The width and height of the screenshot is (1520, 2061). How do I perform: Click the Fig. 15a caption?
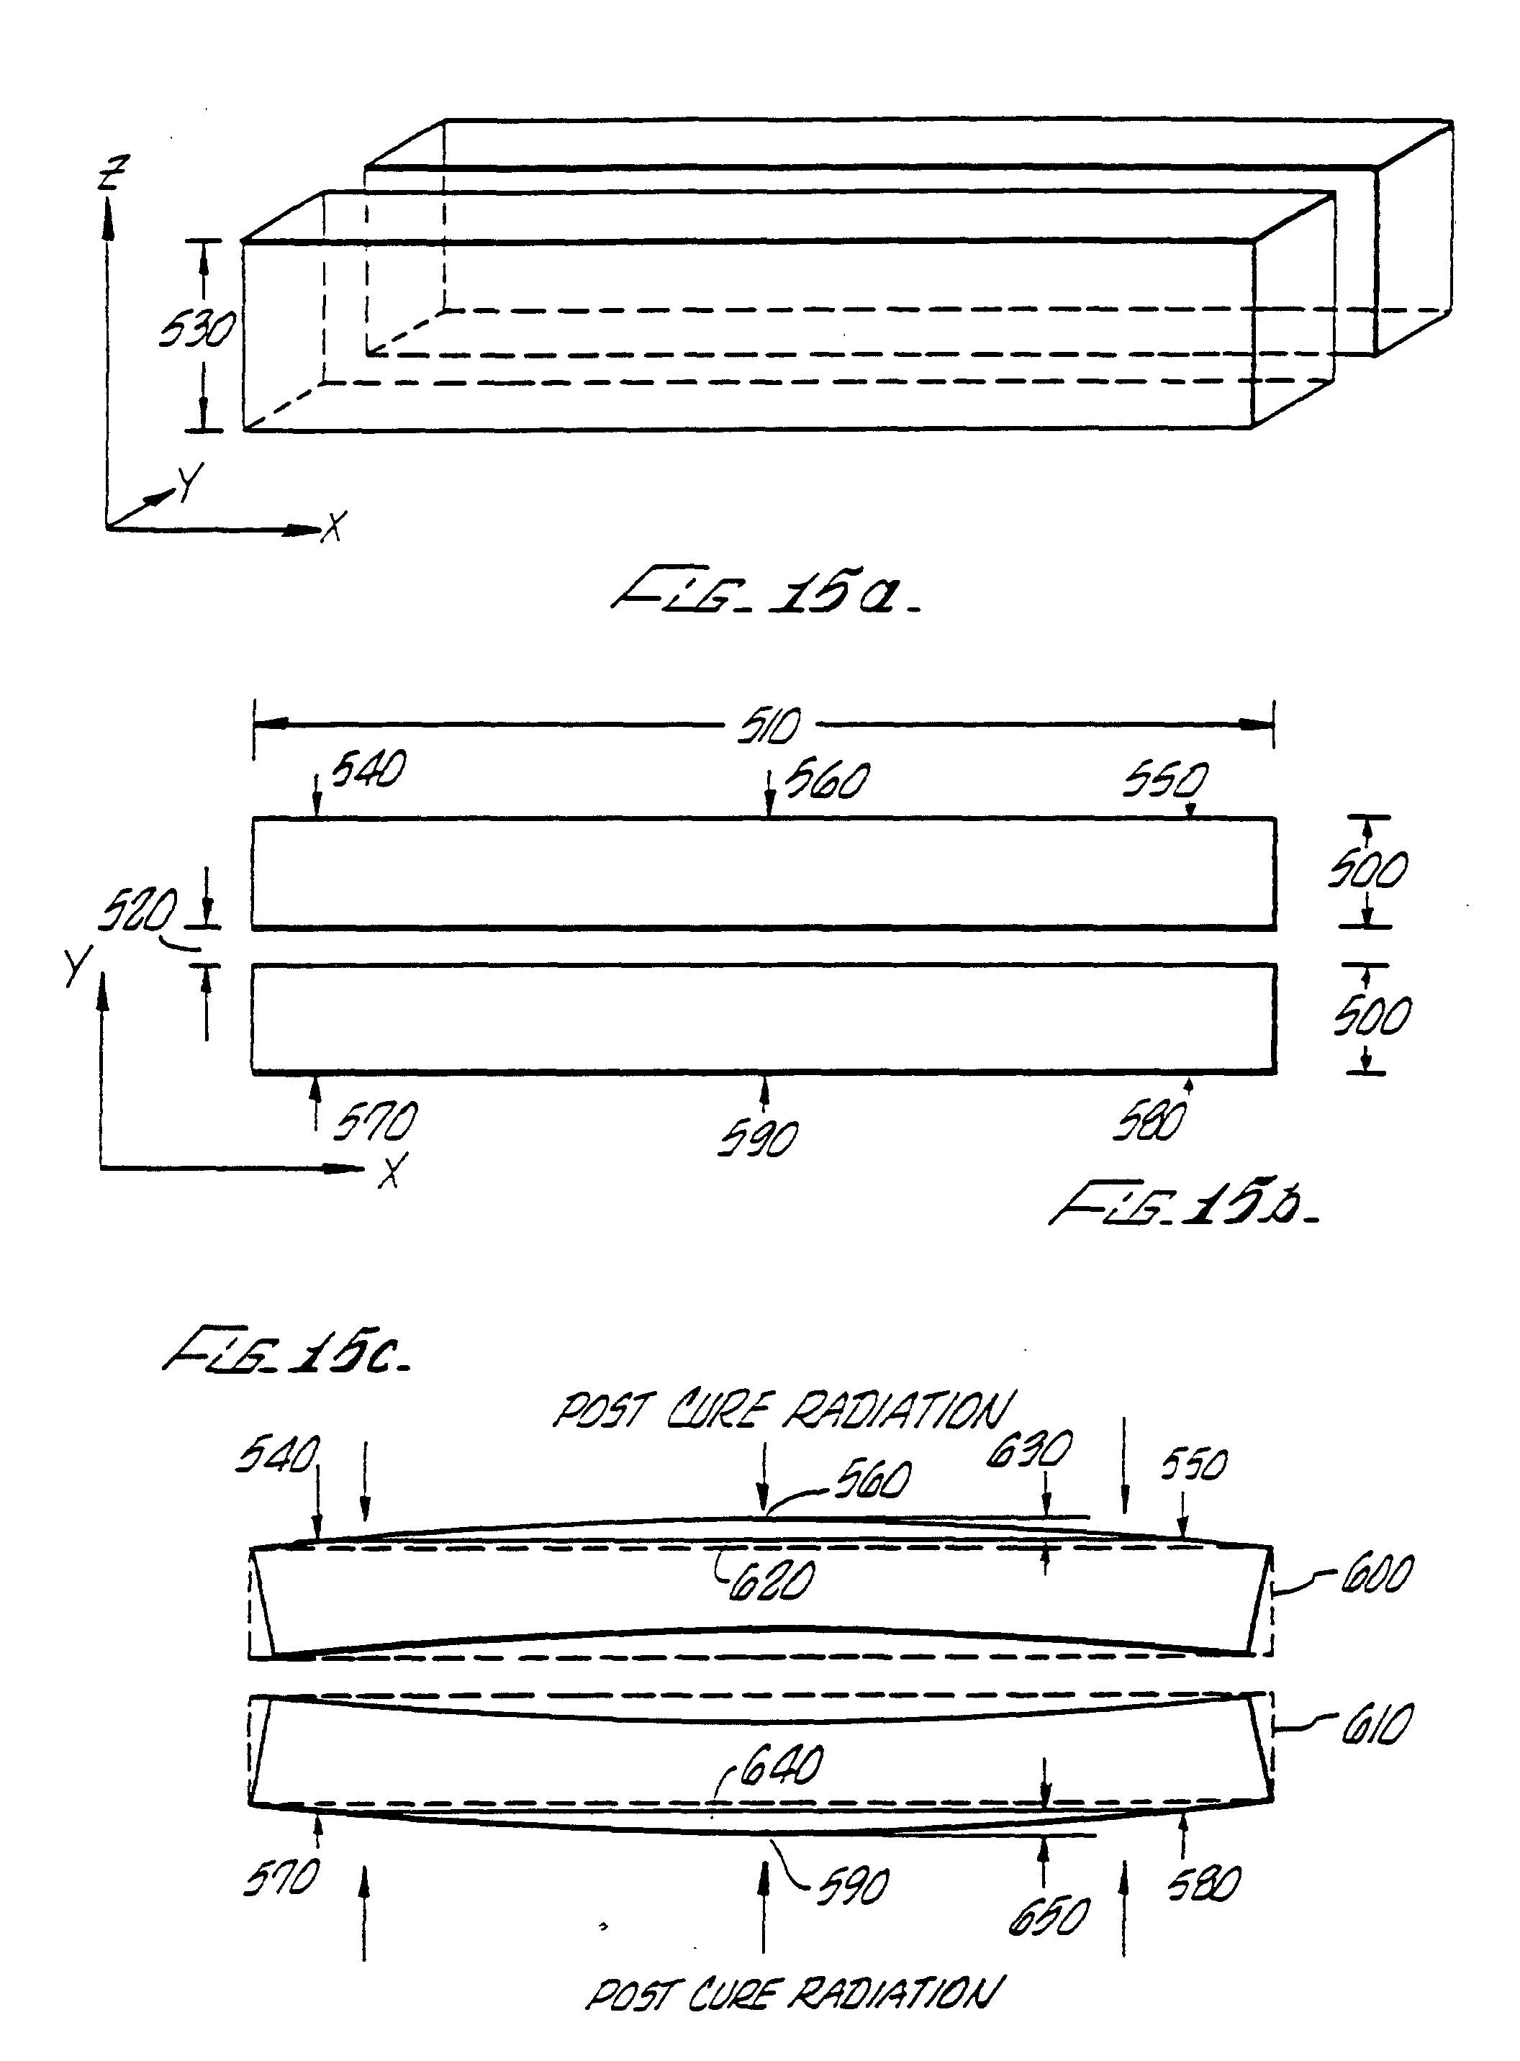coord(766,594)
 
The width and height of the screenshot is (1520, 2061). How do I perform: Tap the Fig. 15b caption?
coord(1183,1205)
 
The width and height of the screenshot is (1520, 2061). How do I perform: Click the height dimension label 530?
coord(195,330)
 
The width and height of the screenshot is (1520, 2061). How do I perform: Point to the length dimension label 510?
coord(769,727)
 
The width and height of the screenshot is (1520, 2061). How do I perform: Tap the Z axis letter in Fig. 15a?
coord(115,172)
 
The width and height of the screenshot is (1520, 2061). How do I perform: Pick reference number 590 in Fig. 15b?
coord(758,1139)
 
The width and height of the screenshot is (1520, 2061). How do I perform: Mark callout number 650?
coord(1048,1918)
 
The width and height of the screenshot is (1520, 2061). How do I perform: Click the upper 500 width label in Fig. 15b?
coord(1367,871)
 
